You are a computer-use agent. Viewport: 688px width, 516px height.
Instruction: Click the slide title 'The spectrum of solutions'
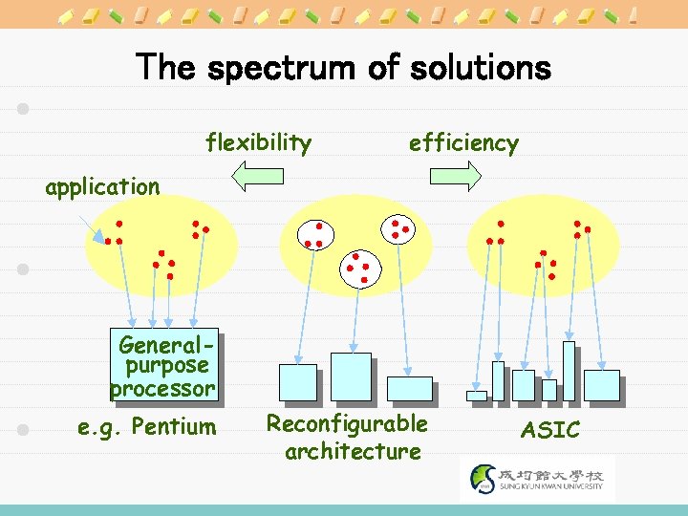coord(344,68)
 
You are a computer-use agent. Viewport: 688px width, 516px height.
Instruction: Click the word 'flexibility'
coord(259,143)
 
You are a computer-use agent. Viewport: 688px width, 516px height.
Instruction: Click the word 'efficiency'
coord(463,143)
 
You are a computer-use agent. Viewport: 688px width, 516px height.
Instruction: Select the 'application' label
coord(102,186)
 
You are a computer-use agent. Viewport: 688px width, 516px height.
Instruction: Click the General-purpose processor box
coord(163,364)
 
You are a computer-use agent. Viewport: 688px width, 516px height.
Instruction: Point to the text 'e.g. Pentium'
coord(146,425)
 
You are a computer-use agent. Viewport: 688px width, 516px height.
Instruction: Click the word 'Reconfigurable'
coord(347,422)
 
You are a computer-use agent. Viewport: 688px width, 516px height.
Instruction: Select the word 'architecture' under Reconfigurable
coord(353,451)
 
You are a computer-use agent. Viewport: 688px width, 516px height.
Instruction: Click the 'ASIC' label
coord(549,430)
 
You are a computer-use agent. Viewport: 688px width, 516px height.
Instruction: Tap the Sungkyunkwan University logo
coord(538,478)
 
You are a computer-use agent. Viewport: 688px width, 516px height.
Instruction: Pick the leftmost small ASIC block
coord(476,396)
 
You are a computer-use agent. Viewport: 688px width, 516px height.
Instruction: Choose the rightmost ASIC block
coord(601,384)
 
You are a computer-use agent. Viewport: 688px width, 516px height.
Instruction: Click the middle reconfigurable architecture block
coord(351,376)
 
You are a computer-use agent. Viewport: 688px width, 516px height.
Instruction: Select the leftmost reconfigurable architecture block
coord(297,382)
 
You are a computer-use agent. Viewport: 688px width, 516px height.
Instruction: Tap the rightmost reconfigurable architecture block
coord(409,388)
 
